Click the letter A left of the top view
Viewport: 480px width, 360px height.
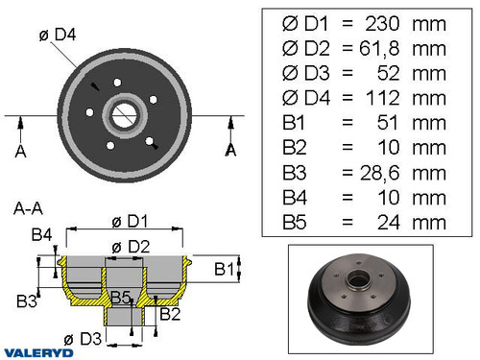pos(21,150)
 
